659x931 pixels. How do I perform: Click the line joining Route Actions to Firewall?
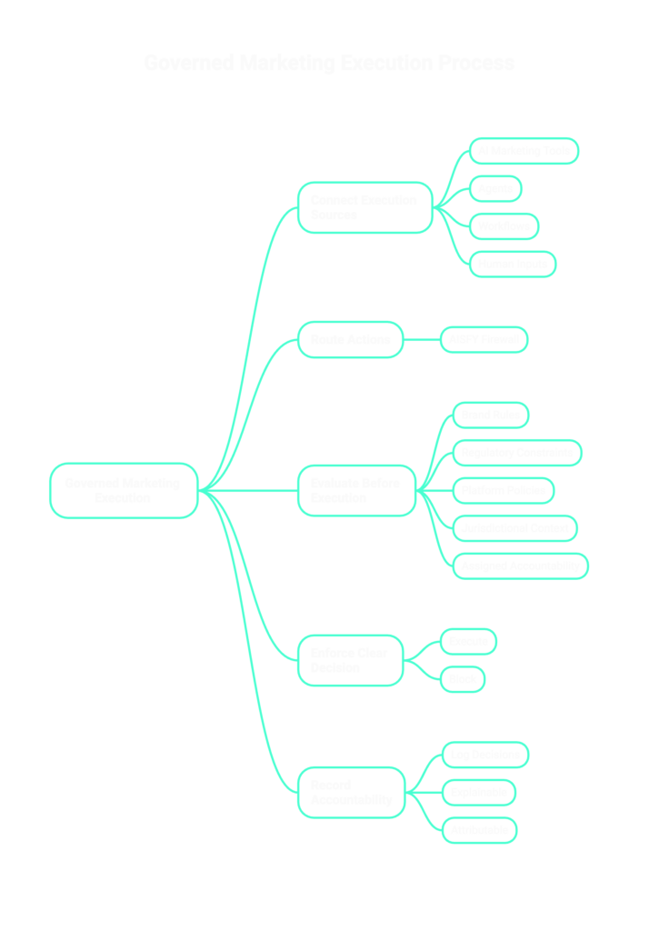click(422, 339)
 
